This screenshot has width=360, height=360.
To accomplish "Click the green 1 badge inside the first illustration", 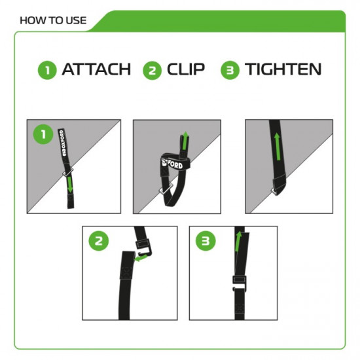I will (43, 135).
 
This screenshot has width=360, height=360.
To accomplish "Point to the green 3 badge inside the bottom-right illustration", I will (206, 241).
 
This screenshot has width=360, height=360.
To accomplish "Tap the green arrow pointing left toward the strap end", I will (141, 259).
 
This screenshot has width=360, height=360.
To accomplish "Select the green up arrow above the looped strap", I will (185, 140).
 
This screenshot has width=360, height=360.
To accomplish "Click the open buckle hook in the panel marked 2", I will (143, 247).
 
